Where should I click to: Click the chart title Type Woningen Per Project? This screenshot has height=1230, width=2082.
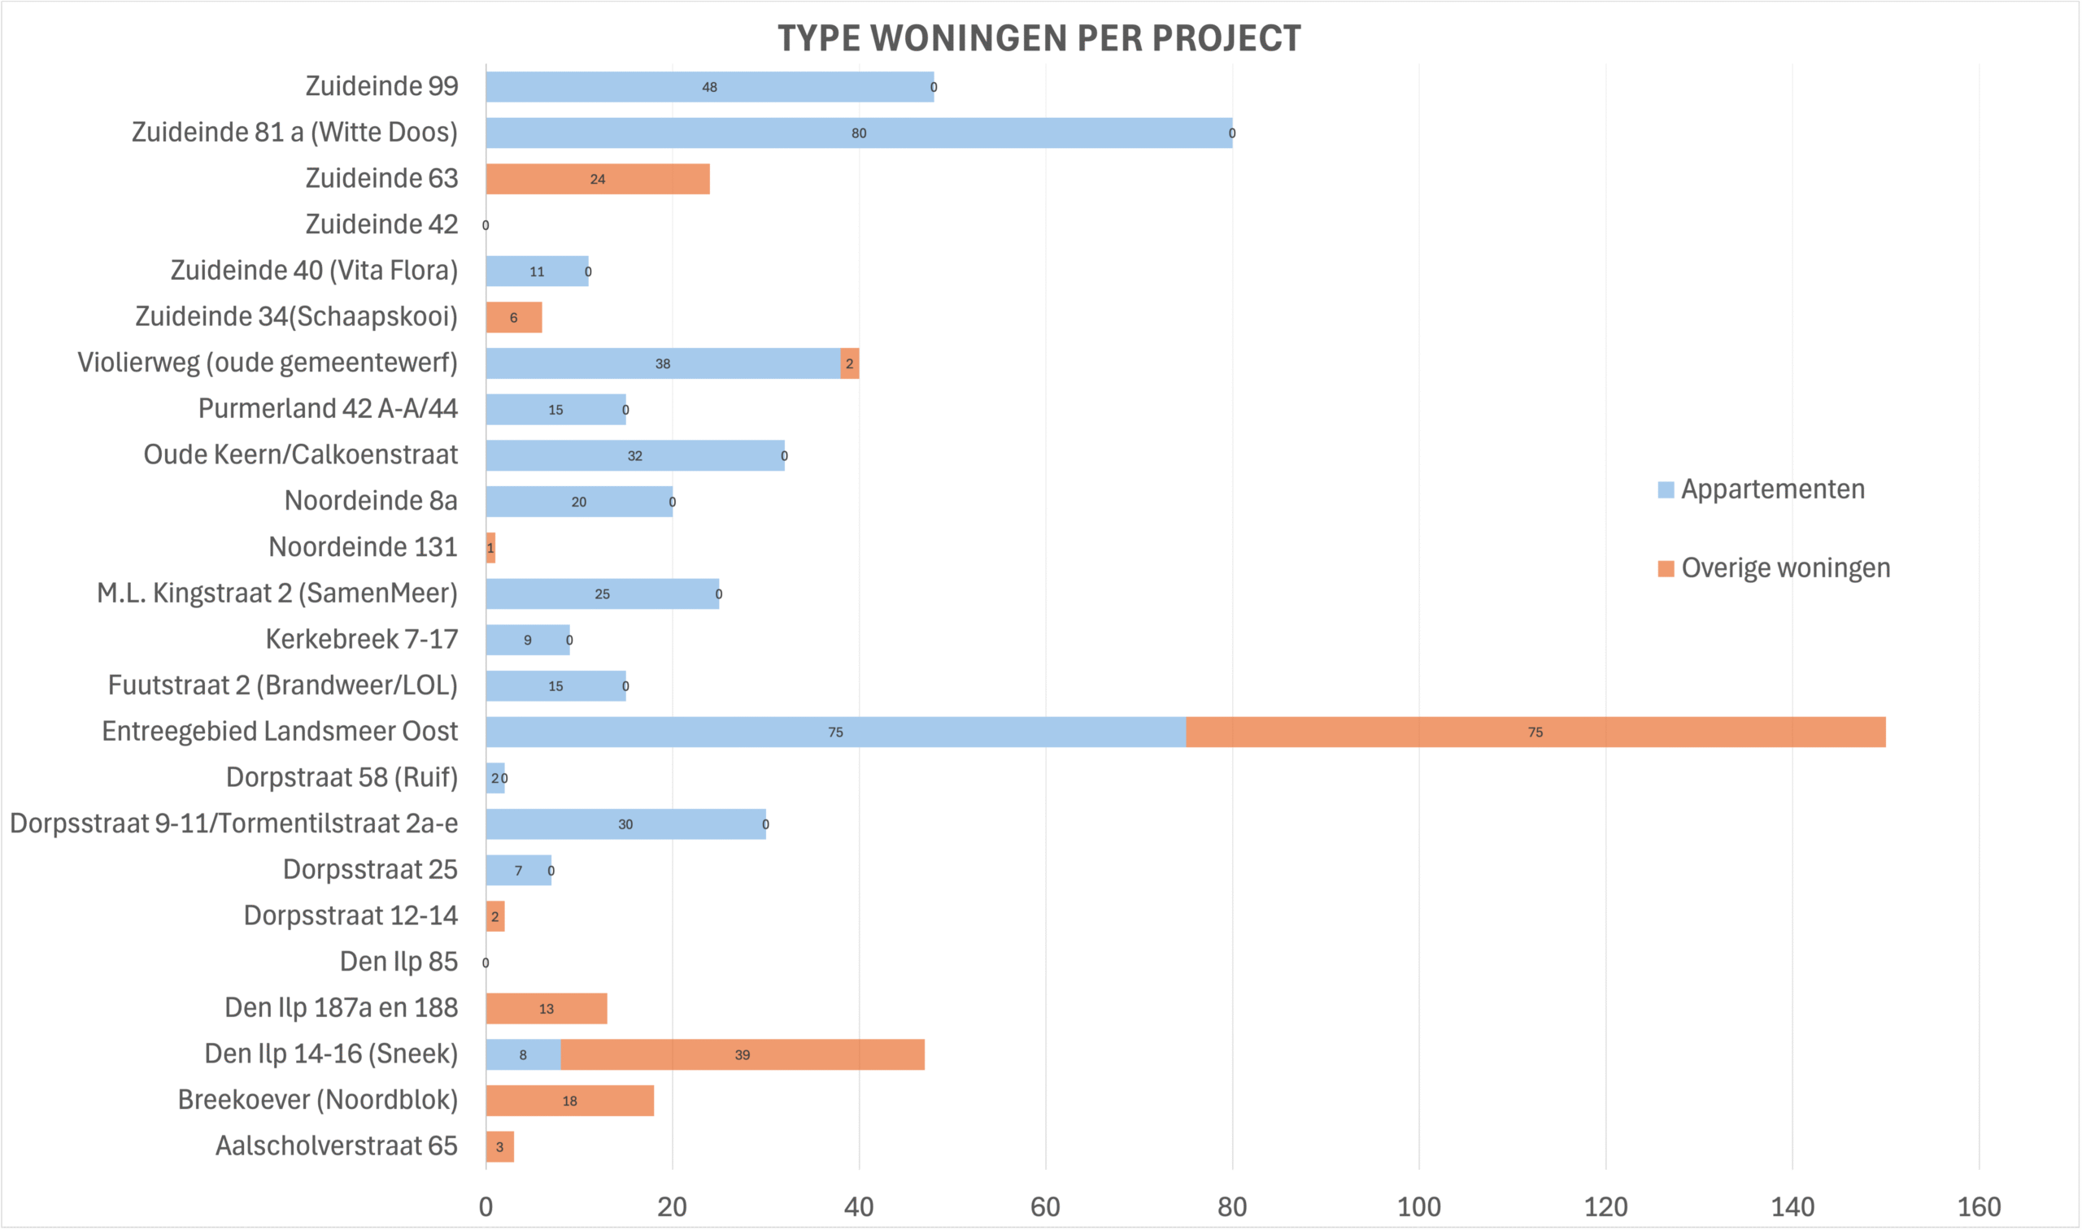1039,38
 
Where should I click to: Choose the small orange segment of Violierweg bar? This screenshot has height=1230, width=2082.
849,363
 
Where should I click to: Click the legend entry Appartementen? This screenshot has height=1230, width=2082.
1772,489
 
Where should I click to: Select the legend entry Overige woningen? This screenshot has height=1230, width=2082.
1784,567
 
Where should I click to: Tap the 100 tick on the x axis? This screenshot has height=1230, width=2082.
1418,1206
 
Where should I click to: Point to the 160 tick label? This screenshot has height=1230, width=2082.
1979,1206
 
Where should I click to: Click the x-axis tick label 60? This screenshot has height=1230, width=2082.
1045,1206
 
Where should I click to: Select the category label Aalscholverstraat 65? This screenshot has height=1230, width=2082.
336,1145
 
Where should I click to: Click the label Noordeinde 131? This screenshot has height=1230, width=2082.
363,547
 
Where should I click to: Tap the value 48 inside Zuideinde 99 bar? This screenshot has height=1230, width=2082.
709,87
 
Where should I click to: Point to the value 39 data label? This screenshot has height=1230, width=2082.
742,1055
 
